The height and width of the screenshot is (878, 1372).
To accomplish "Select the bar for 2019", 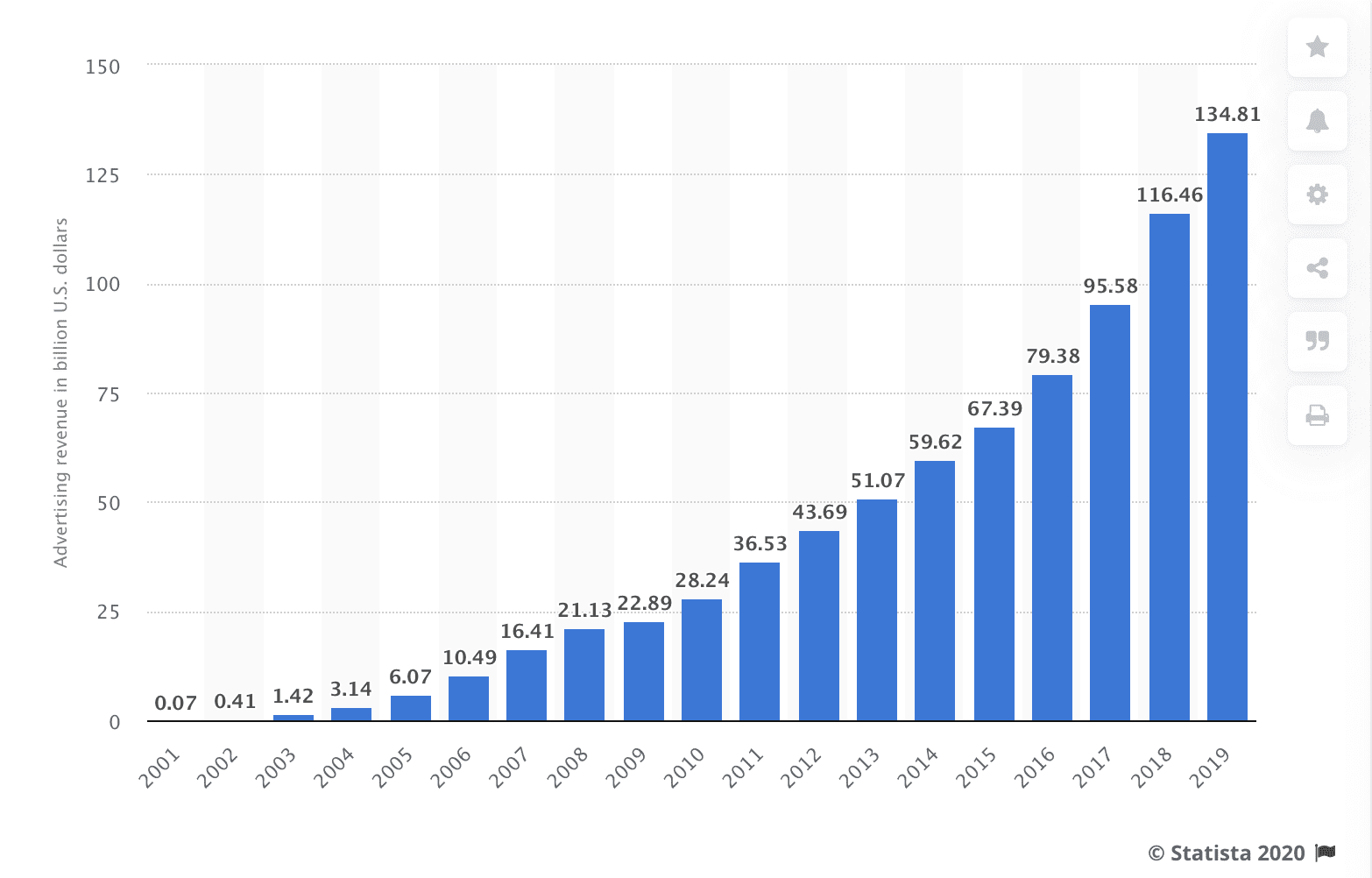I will pos(1227,427).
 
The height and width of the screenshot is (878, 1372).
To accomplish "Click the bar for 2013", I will pos(876,610).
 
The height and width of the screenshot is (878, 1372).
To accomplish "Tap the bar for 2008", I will pos(584,675).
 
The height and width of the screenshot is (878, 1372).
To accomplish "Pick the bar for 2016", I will pos(1051,548).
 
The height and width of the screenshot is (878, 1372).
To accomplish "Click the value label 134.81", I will pos(1227,114).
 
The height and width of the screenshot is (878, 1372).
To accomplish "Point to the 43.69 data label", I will pos(819,512).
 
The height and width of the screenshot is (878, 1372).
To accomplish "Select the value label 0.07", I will pos(175,703).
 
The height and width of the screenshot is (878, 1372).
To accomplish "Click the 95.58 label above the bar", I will pos(1111,286).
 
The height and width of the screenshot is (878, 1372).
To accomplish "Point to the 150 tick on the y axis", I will pos(103,67).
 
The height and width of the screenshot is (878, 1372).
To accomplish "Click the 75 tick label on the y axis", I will pos(109,394).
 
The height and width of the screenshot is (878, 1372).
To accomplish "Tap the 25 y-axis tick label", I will pos(109,612).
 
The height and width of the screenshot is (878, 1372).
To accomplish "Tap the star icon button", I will pos(1317,47).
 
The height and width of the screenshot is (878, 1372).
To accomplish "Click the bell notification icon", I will pos(1317,121).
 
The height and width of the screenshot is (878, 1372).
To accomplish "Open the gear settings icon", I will pos(1317,195).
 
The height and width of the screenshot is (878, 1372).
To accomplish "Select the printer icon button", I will pos(1317,414).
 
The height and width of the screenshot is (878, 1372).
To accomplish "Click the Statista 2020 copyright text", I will pos(1227,853).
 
